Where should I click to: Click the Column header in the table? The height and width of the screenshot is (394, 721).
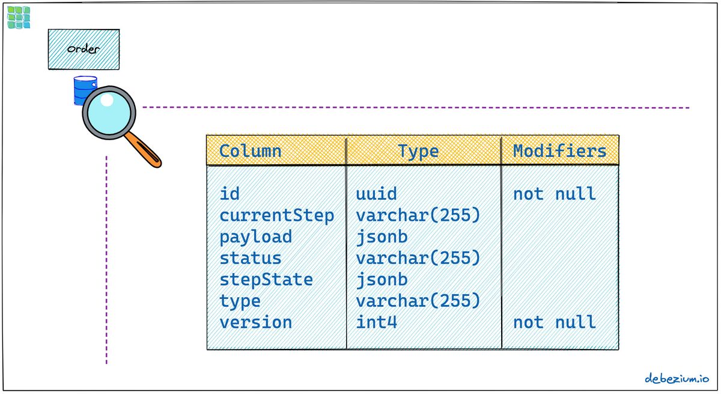(x=250, y=151)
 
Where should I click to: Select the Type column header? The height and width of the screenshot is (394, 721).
(x=418, y=152)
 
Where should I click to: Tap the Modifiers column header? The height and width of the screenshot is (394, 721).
(x=560, y=151)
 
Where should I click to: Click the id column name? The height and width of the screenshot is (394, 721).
(x=230, y=194)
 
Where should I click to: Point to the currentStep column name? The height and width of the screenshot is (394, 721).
(x=277, y=215)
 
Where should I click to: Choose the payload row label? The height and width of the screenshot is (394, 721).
(x=255, y=237)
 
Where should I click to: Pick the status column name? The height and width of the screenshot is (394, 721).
(x=251, y=258)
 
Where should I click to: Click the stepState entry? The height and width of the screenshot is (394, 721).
(x=266, y=280)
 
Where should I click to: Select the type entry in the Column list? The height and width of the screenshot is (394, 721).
(x=240, y=301)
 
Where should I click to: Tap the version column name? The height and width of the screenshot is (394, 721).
(x=255, y=322)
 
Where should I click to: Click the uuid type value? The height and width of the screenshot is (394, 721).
(x=376, y=194)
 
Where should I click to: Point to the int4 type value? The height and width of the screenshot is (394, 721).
(x=376, y=322)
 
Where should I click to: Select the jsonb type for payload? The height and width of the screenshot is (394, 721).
(x=382, y=237)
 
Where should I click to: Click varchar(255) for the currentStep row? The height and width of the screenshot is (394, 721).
(x=418, y=215)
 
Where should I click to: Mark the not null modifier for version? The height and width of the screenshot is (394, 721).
(x=554, y=322)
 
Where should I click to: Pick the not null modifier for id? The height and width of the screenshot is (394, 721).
(x=554, y=194)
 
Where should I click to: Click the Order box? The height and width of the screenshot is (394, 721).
(x=84, y=49)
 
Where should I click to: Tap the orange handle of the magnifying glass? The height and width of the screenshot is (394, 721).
(x=143, y=150)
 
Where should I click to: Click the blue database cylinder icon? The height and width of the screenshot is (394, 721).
(x=84, y=90)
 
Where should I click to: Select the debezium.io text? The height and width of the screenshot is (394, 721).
(x=677, y=378)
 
